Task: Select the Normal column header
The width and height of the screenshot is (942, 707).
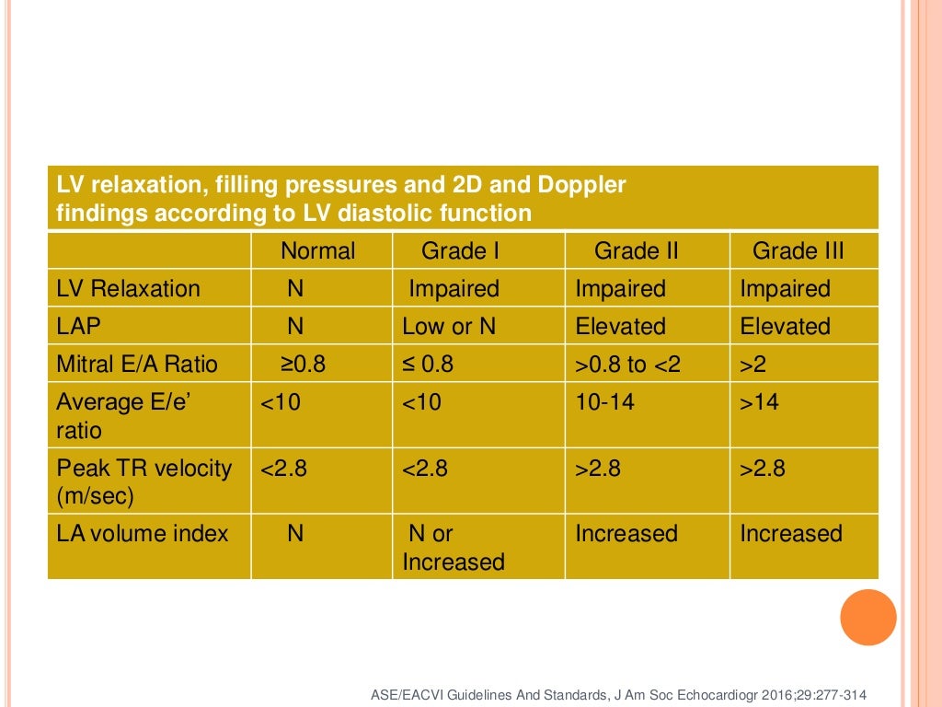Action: point(317,251)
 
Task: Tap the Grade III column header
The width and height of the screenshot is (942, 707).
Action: point(798,251)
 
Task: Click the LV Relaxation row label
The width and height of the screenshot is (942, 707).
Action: point(128,289)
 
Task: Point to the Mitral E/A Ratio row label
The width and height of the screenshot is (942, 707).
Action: point(137,365)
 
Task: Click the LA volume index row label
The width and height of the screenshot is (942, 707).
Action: point(143,534)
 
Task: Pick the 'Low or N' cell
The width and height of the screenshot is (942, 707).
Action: point(449,327)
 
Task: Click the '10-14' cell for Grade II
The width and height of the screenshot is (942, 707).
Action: point(604,402)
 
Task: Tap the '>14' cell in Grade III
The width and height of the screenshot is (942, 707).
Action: point(759,402)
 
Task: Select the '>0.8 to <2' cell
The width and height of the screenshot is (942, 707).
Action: point(628,365)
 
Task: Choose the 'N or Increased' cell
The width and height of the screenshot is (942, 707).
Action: point(454,548)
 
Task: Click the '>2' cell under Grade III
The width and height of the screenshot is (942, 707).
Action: point(752,365)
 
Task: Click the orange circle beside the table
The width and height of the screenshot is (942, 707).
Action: point(867,617)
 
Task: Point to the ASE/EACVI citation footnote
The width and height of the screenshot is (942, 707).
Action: point(617,694)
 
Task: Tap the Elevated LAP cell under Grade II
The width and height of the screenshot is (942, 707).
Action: point(620,327)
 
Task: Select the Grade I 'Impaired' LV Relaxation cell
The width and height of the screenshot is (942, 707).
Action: point(454,289)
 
